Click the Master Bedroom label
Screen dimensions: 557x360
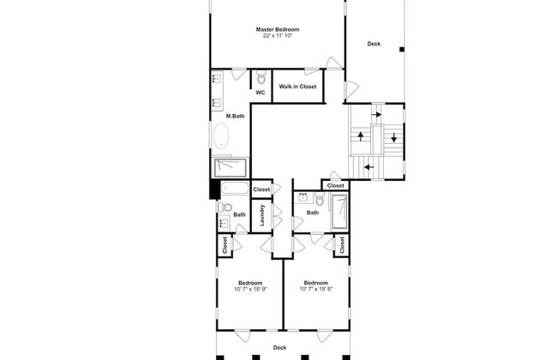[278, 29]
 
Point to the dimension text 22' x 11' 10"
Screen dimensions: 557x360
[278, 36]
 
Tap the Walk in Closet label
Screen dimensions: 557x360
[297, 87]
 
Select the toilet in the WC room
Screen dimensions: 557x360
[261, 77]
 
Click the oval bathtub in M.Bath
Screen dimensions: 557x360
[221, 135]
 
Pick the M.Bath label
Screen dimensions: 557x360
[235, 116]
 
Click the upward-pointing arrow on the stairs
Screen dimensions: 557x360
[361, 136]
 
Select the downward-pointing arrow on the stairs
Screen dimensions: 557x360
[393, 137]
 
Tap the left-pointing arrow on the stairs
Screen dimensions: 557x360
[369, 166]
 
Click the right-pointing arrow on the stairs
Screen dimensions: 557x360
[376, 115]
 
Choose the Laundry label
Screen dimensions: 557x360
[262, 215]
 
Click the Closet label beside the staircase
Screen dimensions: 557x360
[335, 186]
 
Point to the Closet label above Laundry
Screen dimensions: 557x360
[261, 189]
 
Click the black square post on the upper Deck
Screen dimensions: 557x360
[402, 50]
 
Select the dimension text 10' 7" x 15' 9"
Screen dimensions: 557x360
[250, 289]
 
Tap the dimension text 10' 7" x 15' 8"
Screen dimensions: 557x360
[316, 289]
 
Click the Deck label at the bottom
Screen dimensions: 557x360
[279, 347]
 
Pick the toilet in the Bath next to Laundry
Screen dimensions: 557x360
[225, 207]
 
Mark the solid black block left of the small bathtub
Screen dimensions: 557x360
[215, 189]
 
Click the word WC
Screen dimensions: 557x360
[261, 93]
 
